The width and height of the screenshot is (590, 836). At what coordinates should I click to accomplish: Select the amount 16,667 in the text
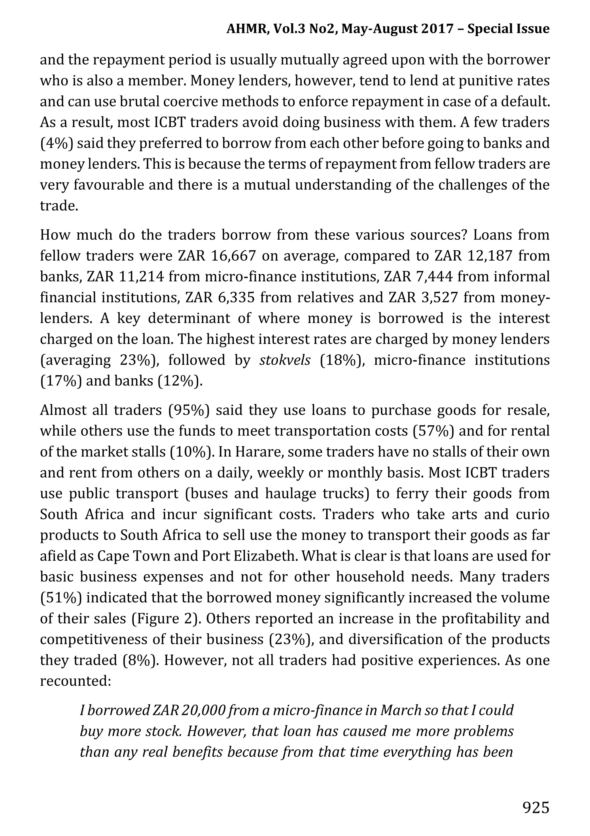233,256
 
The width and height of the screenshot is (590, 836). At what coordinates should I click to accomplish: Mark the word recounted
74,681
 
